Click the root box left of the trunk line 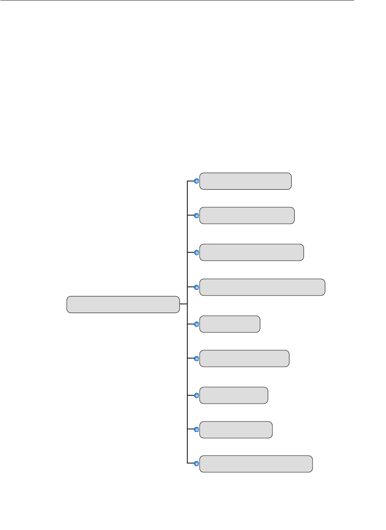(x=123, y=304)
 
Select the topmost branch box (x=245, y=181)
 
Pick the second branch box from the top (x=247, y=216)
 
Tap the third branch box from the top (x=252, y=252)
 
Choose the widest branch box (x=262, y=287)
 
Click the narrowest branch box (x=230, y=324)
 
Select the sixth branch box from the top (x=244, y=358)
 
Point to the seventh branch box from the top (x=234, y=395)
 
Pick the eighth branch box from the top (x=236, y=430)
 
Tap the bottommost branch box (x=256, y=464)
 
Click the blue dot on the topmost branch (x=196, y=181)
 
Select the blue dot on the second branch (x=196, y=216)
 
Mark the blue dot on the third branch (x=196, y=252)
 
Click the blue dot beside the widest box (x=196, y=287)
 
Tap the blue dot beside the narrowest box (x=196, y=324)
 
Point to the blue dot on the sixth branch (x=196, y=359)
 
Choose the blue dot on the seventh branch (x=196, y=395)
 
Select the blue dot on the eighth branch (x=196, y=430)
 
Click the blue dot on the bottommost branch (x=196, y=464)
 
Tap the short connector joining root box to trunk (x=183, y=304)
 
